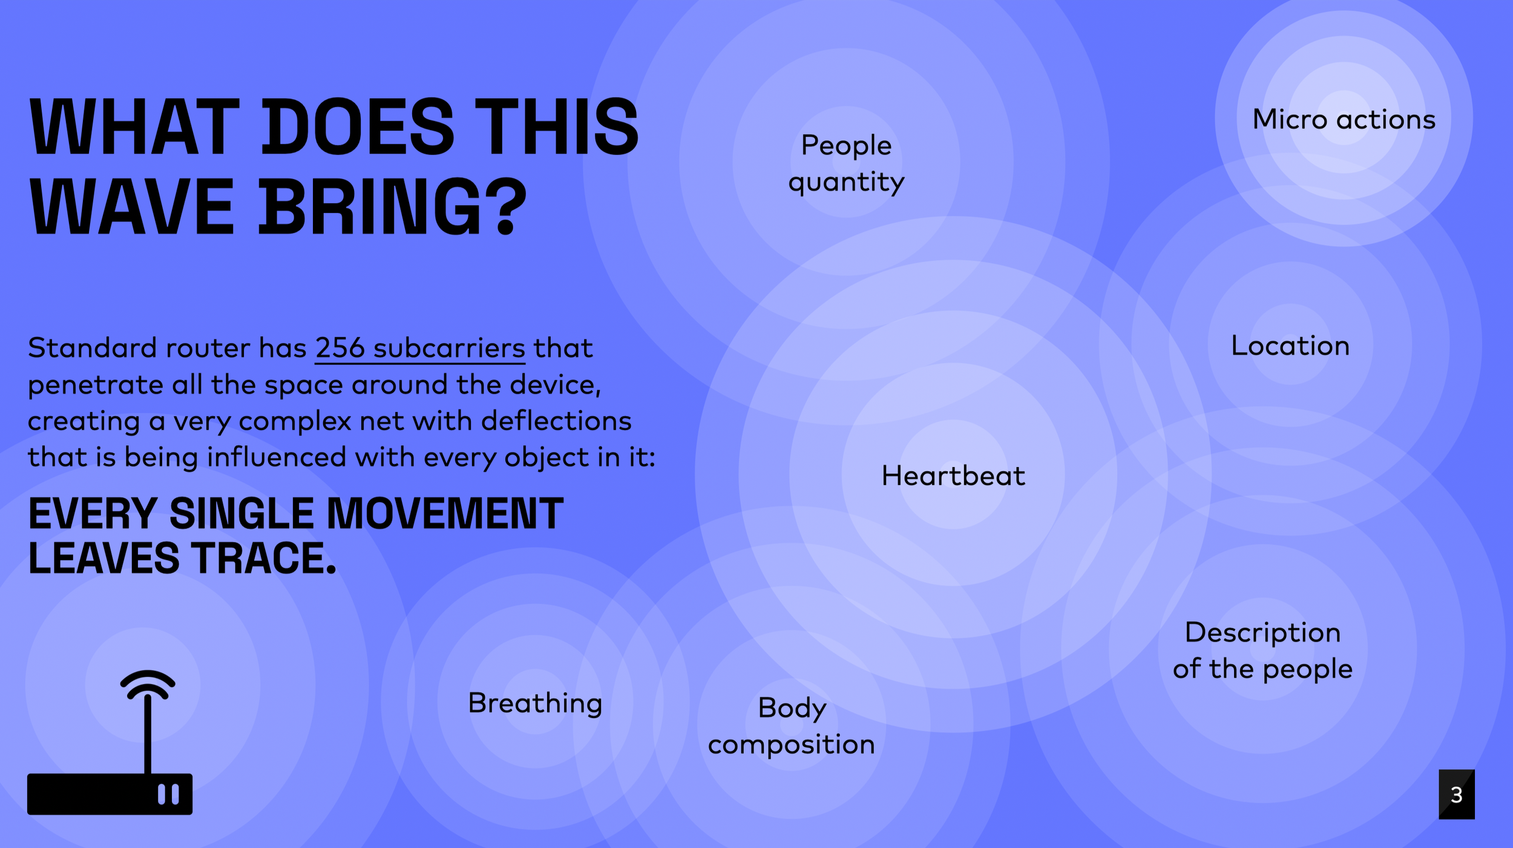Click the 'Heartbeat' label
click(953, 476)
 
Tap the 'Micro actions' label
click(1344, 119)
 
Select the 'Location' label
click(1290, 346)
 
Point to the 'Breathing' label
click(535, 703)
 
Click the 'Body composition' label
click(792, 725)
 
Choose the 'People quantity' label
click(846, 163)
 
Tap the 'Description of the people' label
click(1262, 650)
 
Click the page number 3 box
click(1456, 794)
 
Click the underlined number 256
click(340, 348)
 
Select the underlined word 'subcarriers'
click(449, 348)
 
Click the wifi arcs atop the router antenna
click(148, 683)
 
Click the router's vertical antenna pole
click(148, 735)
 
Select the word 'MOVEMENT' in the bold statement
click(445, 514)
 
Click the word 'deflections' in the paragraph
click(556, 421)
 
